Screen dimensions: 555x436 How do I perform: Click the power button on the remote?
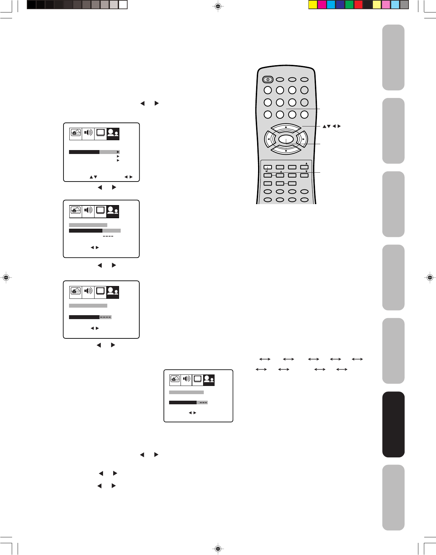click(x=268, y=79)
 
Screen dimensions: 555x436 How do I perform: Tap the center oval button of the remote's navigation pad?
click(x=286, y=139)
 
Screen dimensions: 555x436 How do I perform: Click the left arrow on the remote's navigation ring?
click(x=268, y=139)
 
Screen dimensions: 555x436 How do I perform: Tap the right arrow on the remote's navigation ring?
click(x=304, y=139)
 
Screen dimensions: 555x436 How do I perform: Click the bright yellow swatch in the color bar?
click(x=313, y=5)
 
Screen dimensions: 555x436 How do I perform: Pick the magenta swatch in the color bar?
click(x=322, y=5)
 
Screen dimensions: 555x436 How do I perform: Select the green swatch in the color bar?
click(x=349, y=5)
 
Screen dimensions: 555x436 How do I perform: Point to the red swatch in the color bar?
click(x=358, y=5)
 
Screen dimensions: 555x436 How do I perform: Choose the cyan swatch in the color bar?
click(x=331, y=5)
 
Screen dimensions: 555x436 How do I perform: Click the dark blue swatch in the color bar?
click(x=340, y=5)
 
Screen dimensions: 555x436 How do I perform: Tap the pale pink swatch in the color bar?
click(x=386, y=5)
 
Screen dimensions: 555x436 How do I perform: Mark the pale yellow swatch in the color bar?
click(x=377, y=5)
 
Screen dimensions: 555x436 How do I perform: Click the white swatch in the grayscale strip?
click(x=123, y=5)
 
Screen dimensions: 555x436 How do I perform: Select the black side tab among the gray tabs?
click(x=393, y=424)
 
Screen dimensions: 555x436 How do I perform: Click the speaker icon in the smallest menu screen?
click(x=186, y=379)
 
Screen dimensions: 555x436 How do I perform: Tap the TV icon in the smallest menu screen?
click(x=198, y=379)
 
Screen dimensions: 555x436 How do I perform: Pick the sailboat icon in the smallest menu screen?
click(x=175, y=379)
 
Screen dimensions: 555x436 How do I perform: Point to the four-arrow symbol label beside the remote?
click(x=332, y=126)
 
